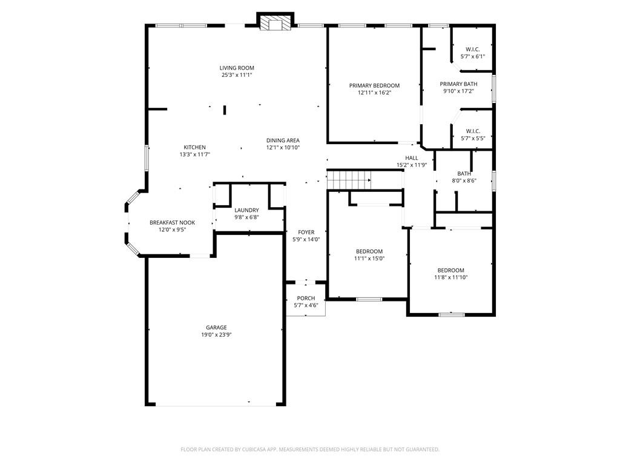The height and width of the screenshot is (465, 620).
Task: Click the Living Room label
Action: click(237, 68)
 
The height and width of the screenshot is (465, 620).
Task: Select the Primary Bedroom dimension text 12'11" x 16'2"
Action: click(374, 93)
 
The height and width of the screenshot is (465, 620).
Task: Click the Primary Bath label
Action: click(458, 84)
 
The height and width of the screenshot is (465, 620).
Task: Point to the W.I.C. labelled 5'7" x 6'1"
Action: click(473, 49)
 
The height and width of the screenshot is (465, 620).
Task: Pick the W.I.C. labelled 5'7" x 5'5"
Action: click(473, 131)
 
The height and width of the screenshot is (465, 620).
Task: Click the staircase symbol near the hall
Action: click(349, 180)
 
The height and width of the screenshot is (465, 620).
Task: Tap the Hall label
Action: click(412, 158)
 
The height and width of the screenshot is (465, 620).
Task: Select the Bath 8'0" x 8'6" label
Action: click(464, 174)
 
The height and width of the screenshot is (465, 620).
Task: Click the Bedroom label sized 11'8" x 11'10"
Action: click(451, 270)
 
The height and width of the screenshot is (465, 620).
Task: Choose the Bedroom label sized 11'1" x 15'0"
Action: click(369, 251)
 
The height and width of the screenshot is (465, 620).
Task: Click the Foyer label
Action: click(306, 232)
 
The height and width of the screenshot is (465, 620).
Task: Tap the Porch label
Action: click(306, 298)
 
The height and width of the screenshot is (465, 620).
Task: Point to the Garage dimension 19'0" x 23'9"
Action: click(216, 335)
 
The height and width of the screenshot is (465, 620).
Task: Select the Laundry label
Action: click(246, 210)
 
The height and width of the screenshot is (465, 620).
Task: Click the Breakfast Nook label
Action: click(172, 223)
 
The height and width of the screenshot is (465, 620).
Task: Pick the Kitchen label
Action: click(195, 147)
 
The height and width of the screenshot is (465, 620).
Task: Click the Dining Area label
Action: click(283, 140)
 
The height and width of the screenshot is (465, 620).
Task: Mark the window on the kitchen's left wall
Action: click(146, 158)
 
